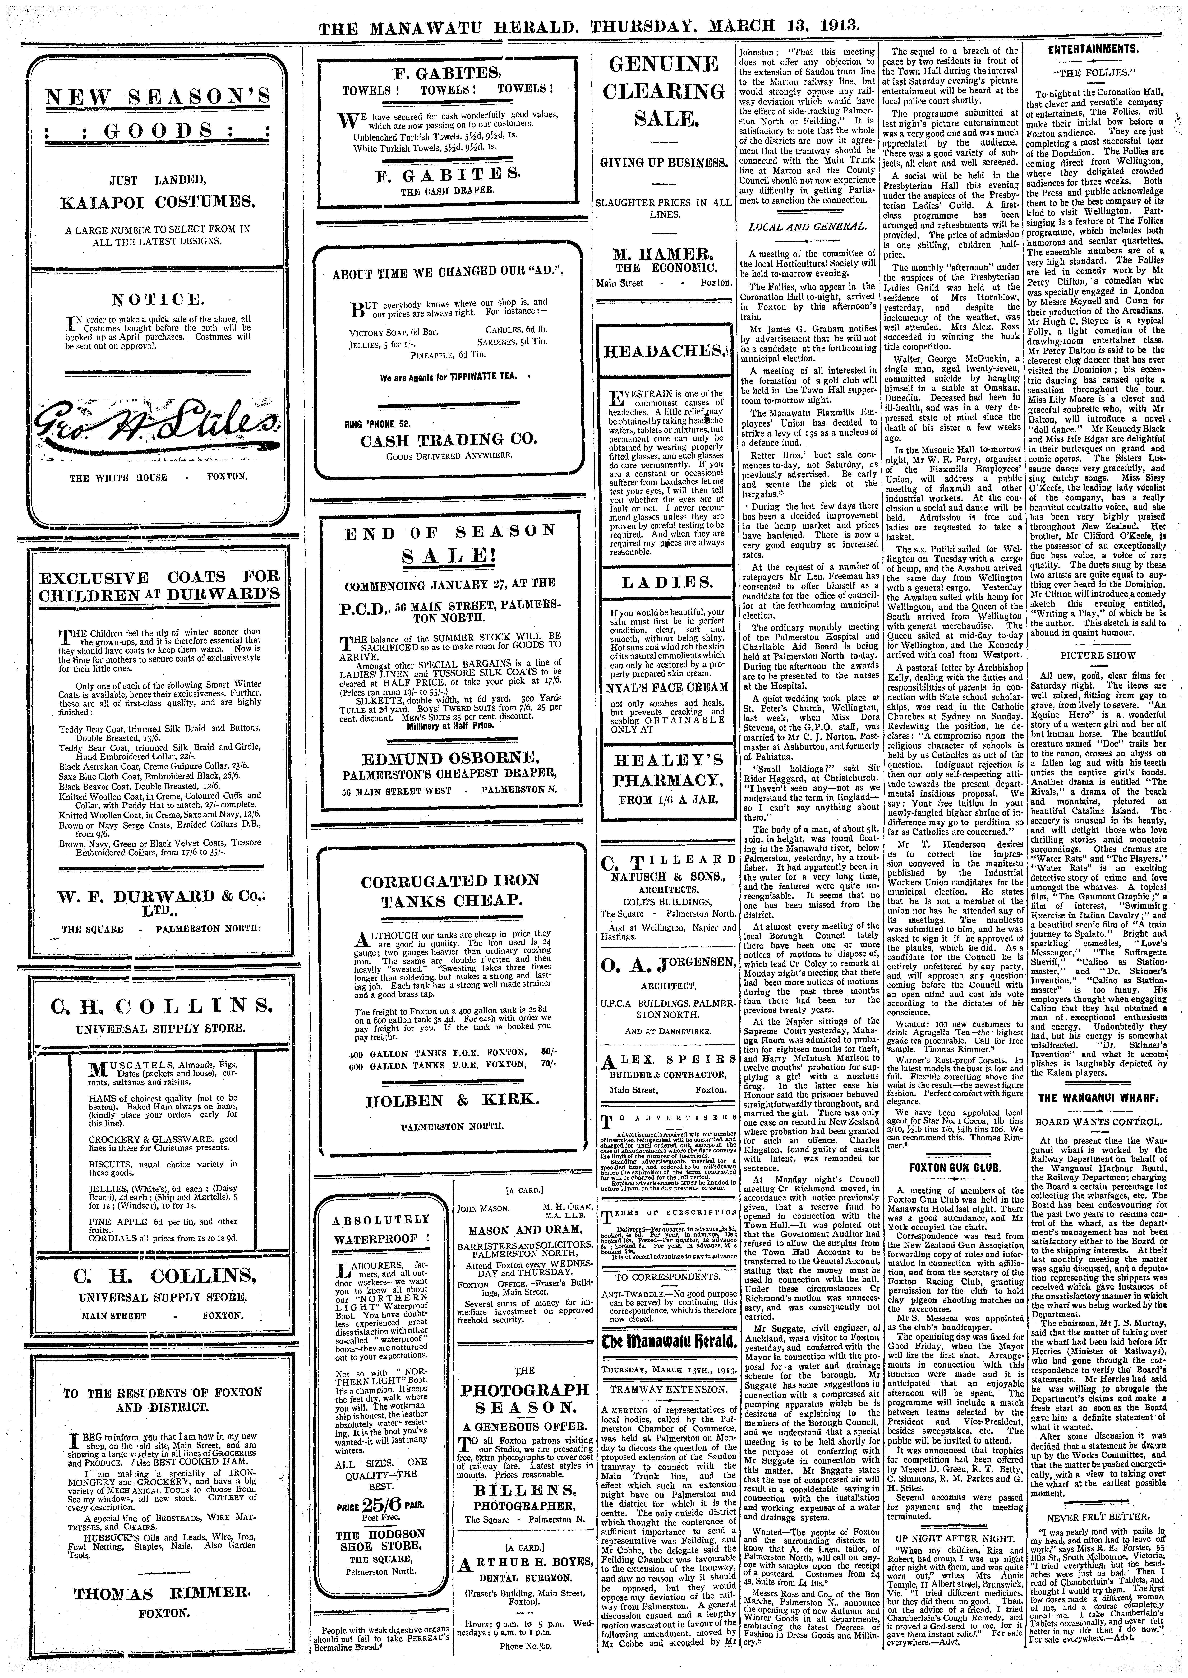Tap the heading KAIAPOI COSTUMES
coord(157,200)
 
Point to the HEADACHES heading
coord(664,351)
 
